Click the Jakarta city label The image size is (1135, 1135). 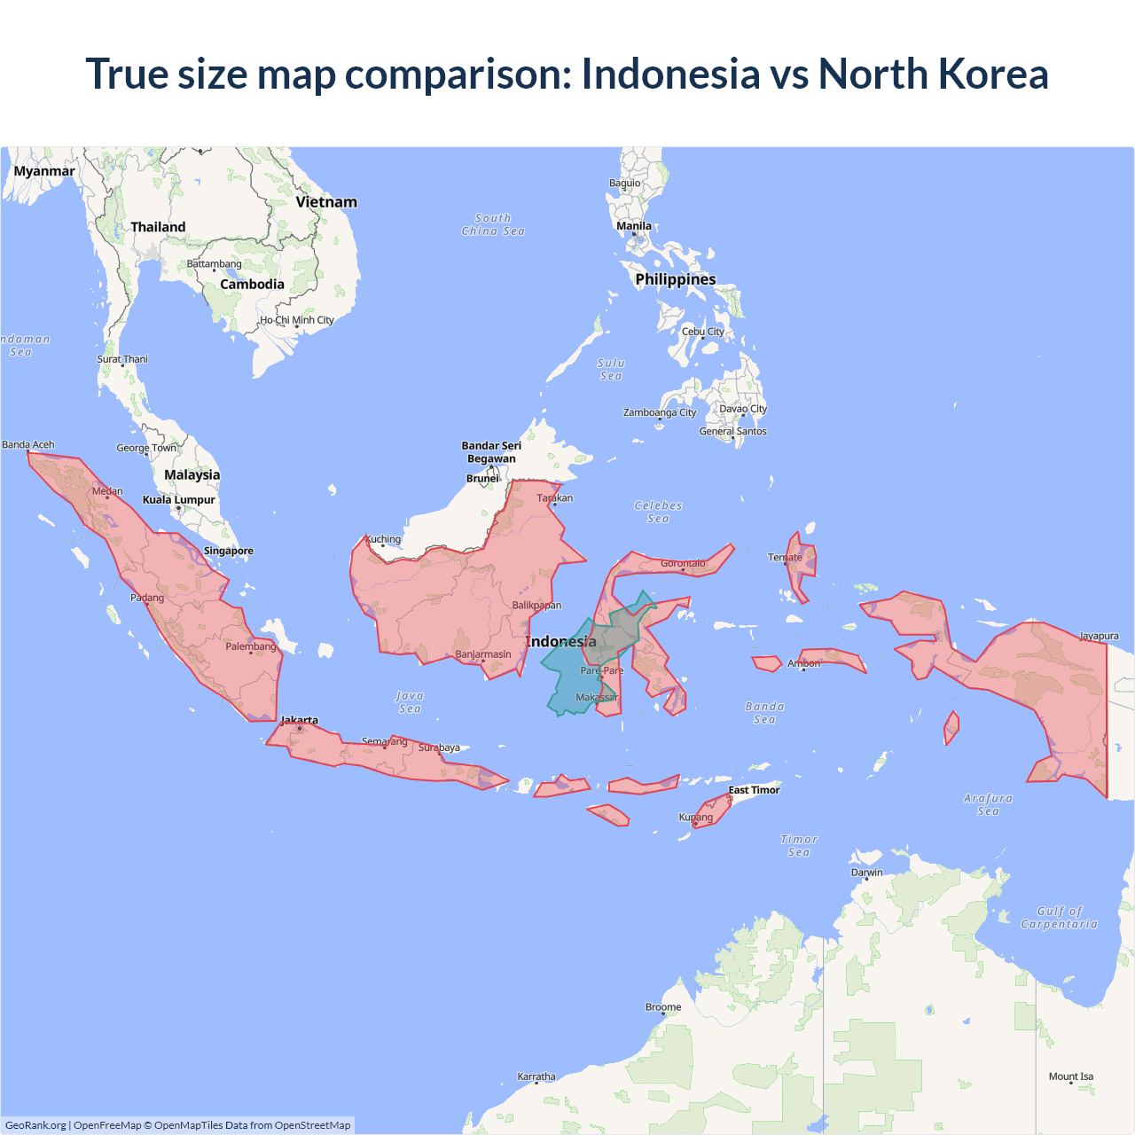pyautogui.click(x=300, y=720)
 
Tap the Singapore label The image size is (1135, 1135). pyautogui.click(x=229, y=551)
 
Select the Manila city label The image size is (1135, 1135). pyautogui.click(x=634, y=226)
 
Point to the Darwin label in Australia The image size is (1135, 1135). pyautogui.click(x=866, y=873)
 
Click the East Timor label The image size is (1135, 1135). pyautogui.click(x=754, y=790)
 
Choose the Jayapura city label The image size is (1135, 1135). pyautogui.click(x=1099, y=636)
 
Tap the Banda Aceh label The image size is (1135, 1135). pyautogui.click(x=28, y=444)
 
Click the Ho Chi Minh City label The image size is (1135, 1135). pyautogui.click(x=297, y=320)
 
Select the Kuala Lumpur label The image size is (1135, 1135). pyautogui.click(x=179, y=499)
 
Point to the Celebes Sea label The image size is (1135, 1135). pyautogui.click(x=658, y=512)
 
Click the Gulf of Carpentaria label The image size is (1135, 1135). pyautogui.click(x=1059, y=918)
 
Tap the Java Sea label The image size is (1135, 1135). pyautogui.click(x=410, y=702)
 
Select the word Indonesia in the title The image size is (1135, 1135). pyautogui.click(x=670, y=74)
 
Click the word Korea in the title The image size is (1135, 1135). pyautogui.click(x=993, y=74)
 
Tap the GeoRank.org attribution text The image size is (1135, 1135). pyautogui.click(x=35, y=1125)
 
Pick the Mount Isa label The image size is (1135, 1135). pyautogui.click(x=1071, y=1076)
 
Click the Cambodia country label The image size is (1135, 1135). pyautogui.click(x=252, y=285)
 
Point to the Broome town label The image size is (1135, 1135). pyautogui.click(x=663, y=1007)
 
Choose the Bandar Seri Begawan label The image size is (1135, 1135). pyautogui.click(x=491, y=452)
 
